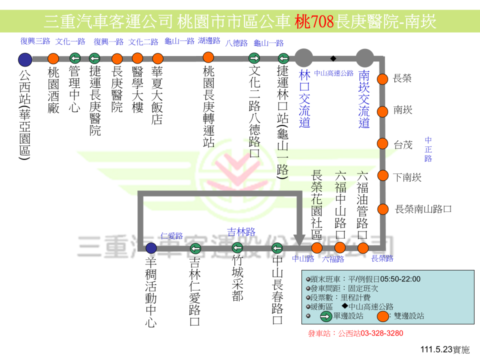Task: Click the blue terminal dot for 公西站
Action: (24, 59)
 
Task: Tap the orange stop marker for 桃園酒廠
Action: (54, 58)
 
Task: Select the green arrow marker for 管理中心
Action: (75, 58)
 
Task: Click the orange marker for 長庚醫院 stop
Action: (117, 58)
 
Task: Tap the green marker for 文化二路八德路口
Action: (254, 58)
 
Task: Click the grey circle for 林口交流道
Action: (304, 58)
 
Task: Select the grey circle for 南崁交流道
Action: (364, 58)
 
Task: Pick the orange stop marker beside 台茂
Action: (383, 144)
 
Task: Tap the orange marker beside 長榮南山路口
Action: (383, 209)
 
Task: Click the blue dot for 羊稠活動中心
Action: (151, 248)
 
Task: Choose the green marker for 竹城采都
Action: (237, 248)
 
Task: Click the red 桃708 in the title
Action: (314, 21)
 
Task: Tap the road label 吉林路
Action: (241, 232)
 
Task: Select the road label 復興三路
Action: (35, 41)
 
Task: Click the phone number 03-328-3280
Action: (382, 333)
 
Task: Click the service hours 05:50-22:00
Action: (400, 279)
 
